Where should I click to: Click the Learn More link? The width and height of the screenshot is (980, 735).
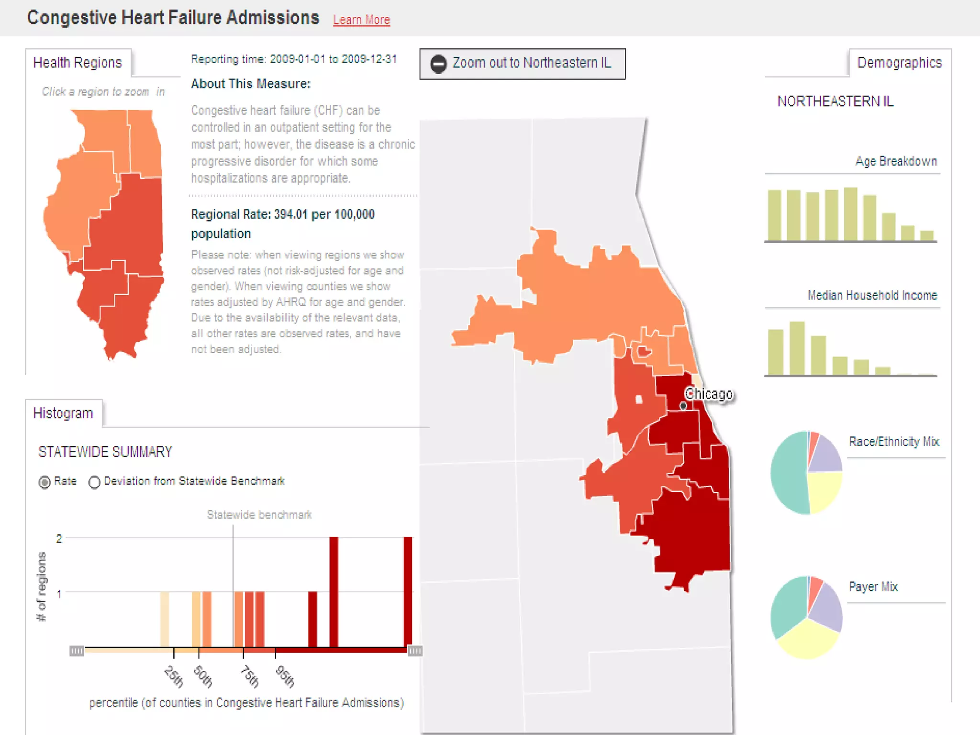click(361, 20)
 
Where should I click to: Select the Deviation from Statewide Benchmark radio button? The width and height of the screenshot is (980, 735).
click(94, 482)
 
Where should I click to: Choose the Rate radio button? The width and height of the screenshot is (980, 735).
click(45, 482)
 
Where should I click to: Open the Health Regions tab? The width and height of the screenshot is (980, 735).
click(78, 63)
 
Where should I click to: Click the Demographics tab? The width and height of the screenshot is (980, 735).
click(899, 63)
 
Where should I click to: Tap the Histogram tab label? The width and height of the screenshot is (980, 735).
click(63, 413)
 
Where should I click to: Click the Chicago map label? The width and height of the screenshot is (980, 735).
click(708, 394)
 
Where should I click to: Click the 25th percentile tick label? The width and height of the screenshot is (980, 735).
click(174, 676)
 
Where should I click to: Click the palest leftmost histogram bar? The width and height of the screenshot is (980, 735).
click(164, 619)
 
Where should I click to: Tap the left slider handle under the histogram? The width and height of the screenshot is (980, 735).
click(77, 650)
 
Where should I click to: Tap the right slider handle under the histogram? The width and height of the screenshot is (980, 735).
click(415, 650)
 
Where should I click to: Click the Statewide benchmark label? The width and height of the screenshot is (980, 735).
click(259, 514)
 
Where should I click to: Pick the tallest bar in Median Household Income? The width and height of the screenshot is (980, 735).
click(797, 348)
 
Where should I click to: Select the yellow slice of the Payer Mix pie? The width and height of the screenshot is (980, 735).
click(807, 639)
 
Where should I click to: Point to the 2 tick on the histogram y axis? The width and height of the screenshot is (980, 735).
click(59, 538)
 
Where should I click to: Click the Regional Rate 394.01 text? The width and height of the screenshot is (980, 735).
click(282, 214)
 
